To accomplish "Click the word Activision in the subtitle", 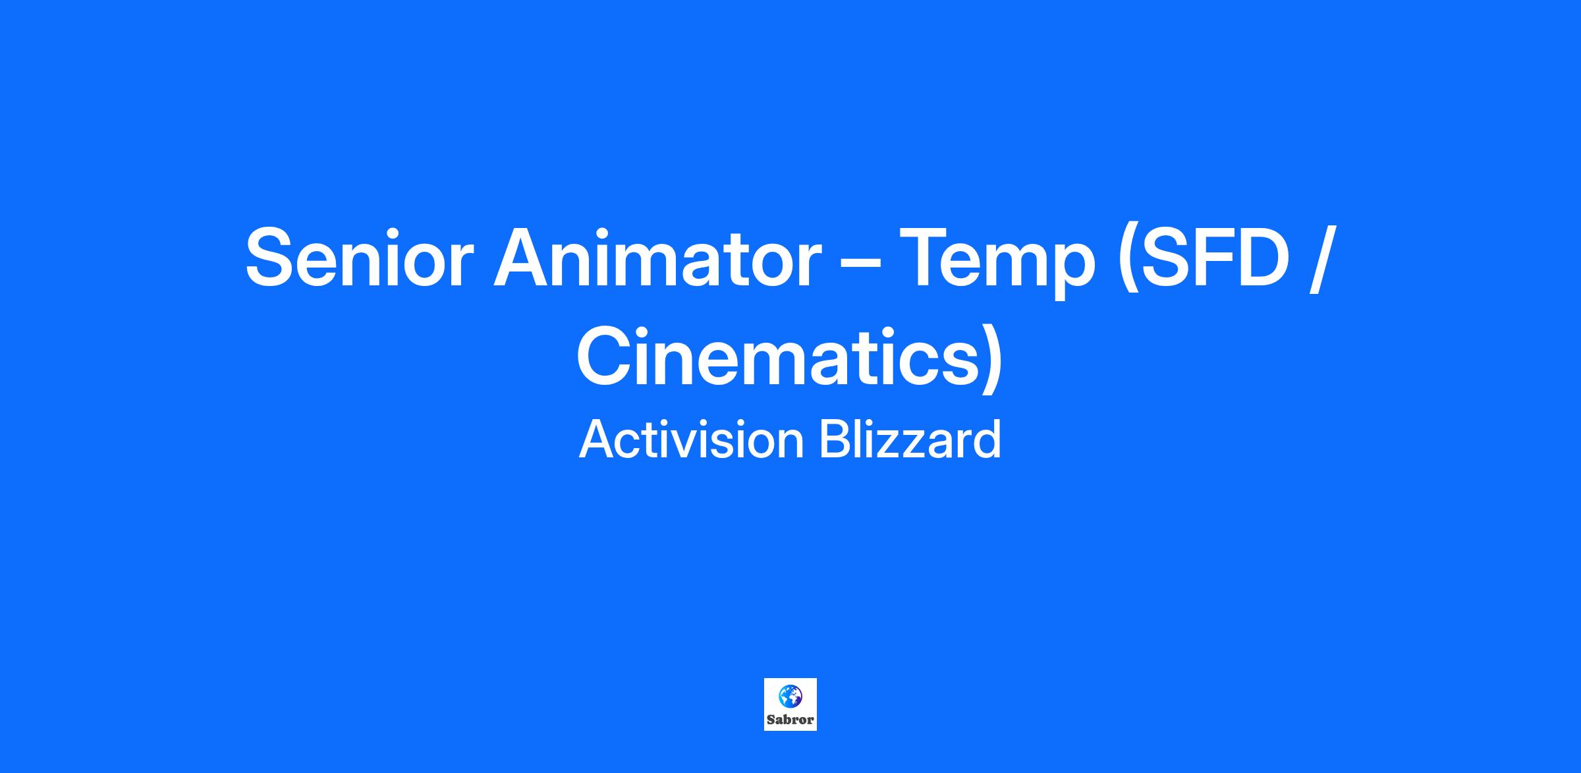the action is [692, 440].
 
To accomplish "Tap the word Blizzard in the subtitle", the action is [910, 440].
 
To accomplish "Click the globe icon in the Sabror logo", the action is [790, 695].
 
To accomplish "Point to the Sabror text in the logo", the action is [790, 720].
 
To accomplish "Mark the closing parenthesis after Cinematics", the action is [991, 359].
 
